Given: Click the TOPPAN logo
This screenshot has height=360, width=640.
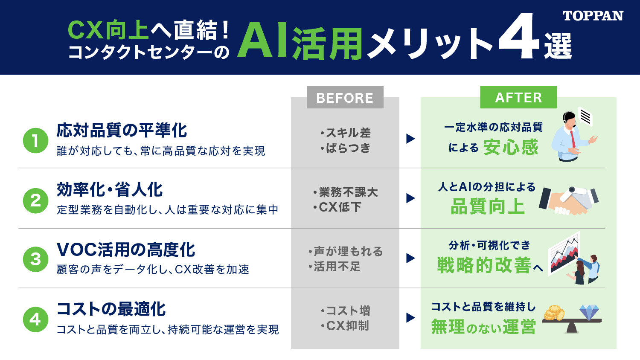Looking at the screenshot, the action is [593, 16].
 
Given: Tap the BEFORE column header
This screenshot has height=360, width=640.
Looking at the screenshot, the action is [345, 97].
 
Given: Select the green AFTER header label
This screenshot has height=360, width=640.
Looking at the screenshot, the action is [518, 97].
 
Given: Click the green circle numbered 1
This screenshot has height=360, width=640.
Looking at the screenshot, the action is [35, 141].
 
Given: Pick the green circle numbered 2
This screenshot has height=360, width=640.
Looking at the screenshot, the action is [35, 200].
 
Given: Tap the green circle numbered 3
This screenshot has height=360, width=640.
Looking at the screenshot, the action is [35, 259].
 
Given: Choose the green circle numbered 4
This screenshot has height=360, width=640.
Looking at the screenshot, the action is [35, 319].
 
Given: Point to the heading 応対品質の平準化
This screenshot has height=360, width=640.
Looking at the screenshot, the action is [122, 131].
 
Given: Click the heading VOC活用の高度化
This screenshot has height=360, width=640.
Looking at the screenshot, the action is [126, 250].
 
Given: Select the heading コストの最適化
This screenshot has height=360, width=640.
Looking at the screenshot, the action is [111, 309].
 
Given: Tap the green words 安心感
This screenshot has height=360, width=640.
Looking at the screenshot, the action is [511, 148].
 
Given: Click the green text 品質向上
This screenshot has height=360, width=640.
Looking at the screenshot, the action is [488, 206].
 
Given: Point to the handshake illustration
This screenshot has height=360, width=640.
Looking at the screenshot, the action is [569, 200].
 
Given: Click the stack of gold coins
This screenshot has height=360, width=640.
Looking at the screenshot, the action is [554, 313].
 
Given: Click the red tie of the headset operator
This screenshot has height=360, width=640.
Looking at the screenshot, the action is [573, 139].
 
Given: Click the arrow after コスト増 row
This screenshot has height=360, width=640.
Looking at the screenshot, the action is [410, 317].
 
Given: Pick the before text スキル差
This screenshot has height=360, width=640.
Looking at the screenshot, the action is [345, 133].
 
